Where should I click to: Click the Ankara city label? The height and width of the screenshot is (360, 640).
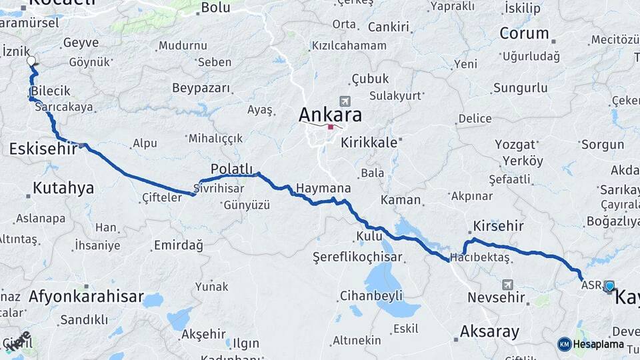[x=330, y=115]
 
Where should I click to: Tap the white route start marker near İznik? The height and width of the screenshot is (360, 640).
[x=31, y=61]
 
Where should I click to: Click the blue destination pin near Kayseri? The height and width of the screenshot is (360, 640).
[x=609, y=286]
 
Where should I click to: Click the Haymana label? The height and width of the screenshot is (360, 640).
[x=323, y=188]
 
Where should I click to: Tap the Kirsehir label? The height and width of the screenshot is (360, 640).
[x=498, y=225]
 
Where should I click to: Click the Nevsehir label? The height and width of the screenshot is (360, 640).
[x=496, y=297]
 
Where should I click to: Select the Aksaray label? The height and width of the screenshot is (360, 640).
[x=489, y=331]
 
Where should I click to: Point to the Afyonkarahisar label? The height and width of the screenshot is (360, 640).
[x=86, y=297]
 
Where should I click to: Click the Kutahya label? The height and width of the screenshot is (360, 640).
[x=63, y=188]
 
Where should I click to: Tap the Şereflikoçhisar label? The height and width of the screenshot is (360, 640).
[x=367, y=257]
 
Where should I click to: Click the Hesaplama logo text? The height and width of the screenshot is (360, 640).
[x=598, y=344]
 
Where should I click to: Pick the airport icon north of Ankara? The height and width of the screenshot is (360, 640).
[x=345, y=101]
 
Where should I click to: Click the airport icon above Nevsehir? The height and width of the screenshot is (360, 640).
[x=508, y=284]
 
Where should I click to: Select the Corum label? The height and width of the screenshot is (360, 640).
[x=524, y=33]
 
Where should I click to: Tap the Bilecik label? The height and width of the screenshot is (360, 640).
[x=50, y=91]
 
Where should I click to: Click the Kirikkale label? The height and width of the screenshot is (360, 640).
[x=369, y=142]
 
